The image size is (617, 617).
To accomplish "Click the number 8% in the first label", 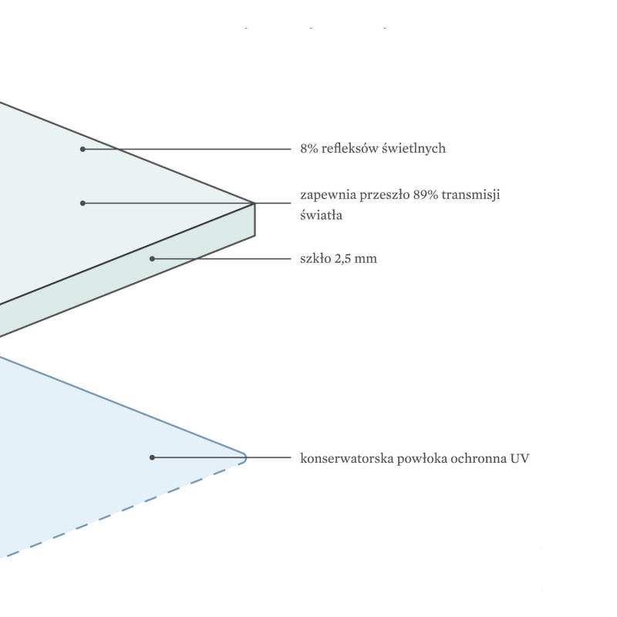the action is click(309, 148).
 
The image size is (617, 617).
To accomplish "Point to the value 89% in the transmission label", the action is click(426, 194).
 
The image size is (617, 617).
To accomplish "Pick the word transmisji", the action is click(471, 195).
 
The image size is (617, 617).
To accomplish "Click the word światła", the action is click(321, 215).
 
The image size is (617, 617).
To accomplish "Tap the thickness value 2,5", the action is click(342, 258).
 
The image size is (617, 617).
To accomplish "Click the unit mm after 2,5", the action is click(366, 259).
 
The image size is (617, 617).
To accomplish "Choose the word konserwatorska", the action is click(346, 458).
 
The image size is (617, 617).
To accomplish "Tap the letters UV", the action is click(519, 458).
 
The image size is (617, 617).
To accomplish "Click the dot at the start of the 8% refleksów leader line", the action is click(83, 149).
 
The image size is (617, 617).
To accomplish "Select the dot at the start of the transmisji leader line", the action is click(83, 203).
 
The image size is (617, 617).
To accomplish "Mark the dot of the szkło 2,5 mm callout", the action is click(152, 258).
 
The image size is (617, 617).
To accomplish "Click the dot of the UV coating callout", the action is click(152, 457).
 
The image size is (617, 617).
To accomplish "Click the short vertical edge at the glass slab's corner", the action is click(255, 220).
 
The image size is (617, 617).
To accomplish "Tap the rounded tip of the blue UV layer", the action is click(245, 457).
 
